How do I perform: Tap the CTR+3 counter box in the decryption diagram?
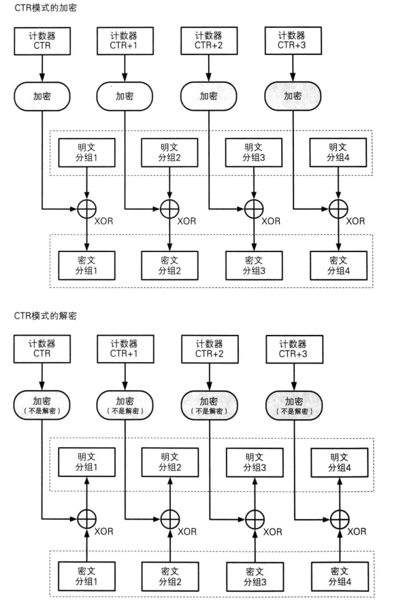pos(291,350)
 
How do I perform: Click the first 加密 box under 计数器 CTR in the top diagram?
pos(42,96)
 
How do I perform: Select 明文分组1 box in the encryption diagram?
pos(87,154)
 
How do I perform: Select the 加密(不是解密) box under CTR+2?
pos(208,406)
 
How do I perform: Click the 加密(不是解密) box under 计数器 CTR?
pos(42,406)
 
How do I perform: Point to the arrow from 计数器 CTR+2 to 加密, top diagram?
pos(208,67)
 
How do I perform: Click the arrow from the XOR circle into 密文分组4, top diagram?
pos(338,236)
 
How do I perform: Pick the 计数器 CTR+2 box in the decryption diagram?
pos(208,350)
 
